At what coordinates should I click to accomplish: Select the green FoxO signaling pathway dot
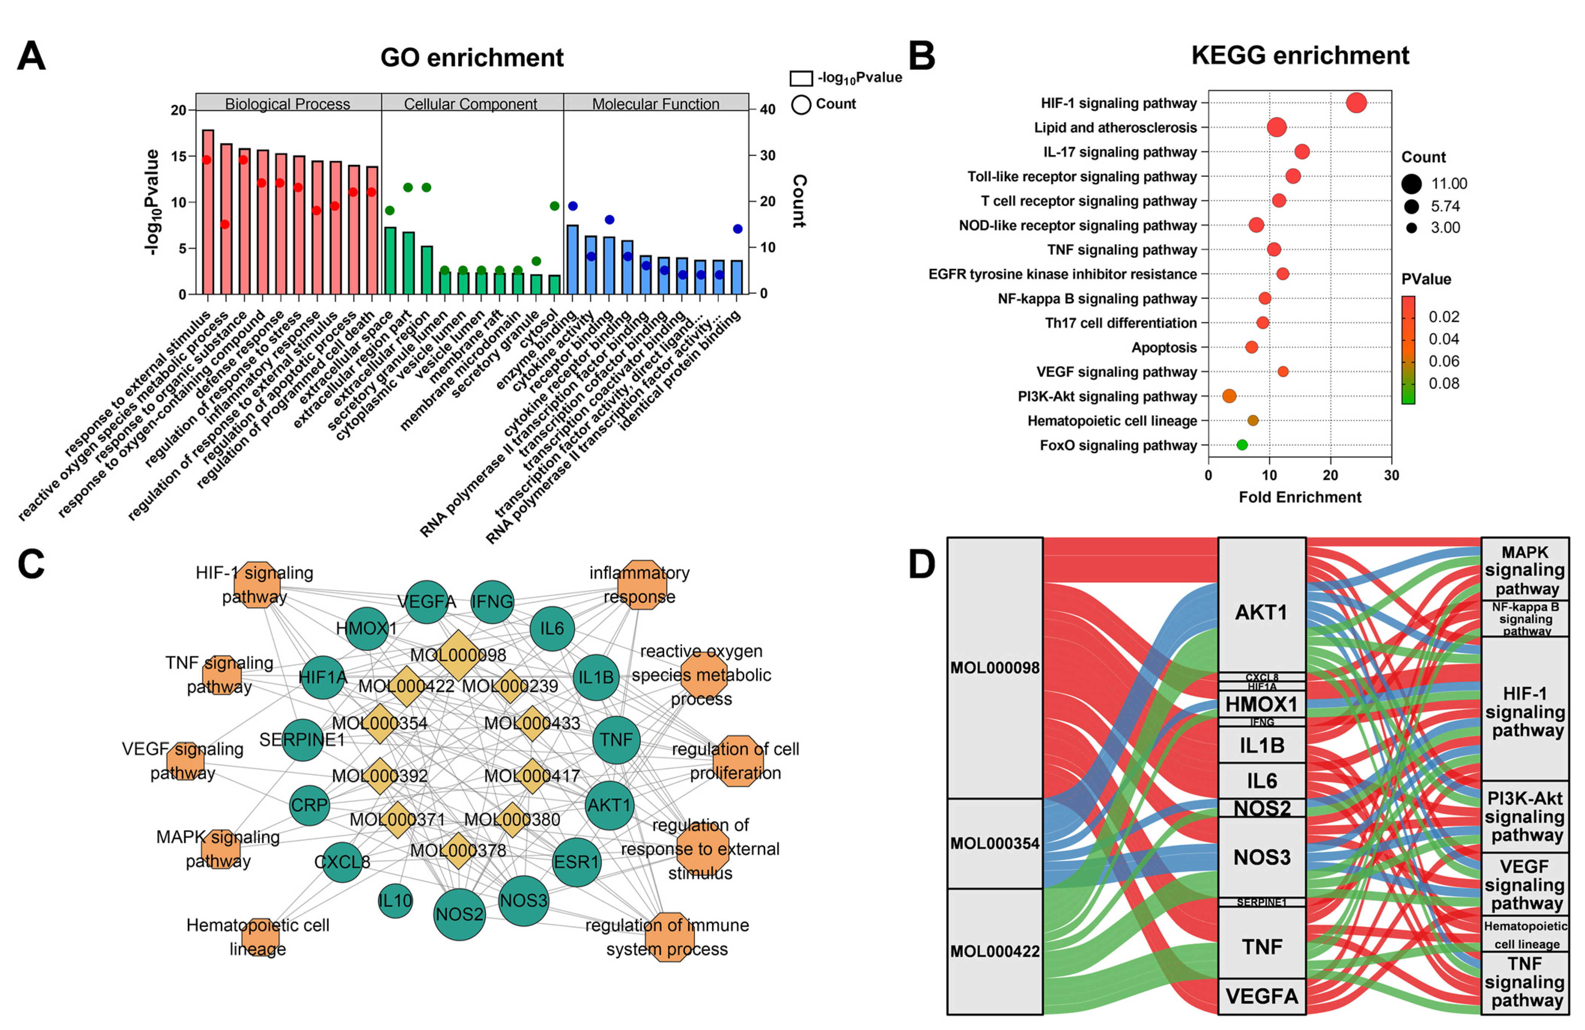tap(1241, 444)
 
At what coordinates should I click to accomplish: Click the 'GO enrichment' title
tap(472, 58)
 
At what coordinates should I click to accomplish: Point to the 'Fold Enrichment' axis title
tap(1299, 497)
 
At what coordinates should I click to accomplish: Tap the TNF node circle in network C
tap(616, 739)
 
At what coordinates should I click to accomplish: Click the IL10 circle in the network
tap(395, 901)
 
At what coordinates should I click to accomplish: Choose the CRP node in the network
tap(310, 805)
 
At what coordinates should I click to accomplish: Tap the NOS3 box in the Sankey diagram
tap(1261, 857)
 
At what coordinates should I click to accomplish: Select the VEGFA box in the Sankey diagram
tap(1261, 996)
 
